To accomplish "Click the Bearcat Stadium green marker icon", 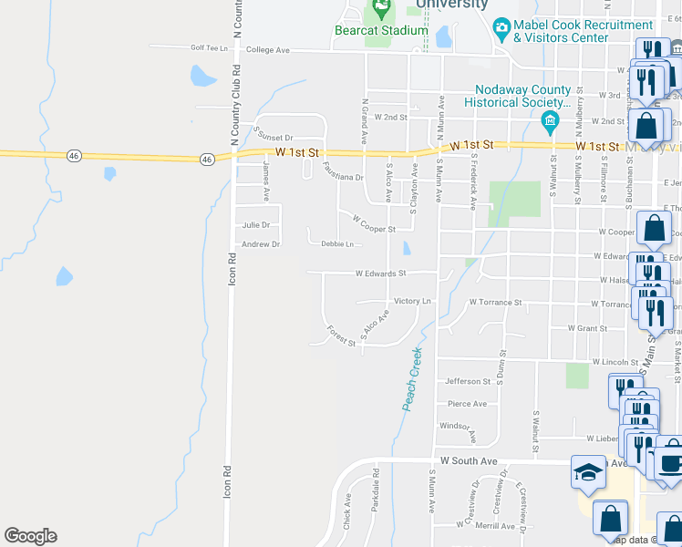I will pos(381,12).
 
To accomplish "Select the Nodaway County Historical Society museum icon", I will pos(550,120).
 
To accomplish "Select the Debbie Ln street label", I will pos(336,244).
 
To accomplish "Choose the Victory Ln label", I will pos(411,301).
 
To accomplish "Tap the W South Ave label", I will pos(469,461).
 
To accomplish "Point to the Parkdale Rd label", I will pos(375,490).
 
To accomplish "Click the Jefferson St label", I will pos(468,382).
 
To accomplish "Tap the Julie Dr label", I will pos(256,224).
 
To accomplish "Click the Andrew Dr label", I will pos(260,244).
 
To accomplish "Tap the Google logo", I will pos(30,536).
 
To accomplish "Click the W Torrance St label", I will pos(495,302).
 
